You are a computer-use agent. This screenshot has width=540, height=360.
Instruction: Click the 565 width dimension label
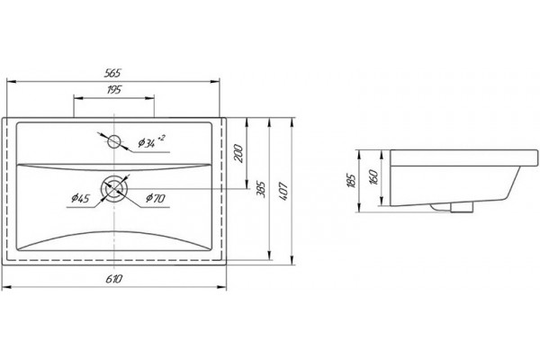click(x=113, y=73)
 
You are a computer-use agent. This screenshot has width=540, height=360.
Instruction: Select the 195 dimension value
click(x=114, y=90)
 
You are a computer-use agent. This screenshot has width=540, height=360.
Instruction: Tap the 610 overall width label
click(x=113, y=279)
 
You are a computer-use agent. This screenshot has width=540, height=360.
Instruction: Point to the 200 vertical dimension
click(x=239, y=154)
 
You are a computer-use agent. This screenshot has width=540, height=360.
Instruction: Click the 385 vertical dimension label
click(x=262, y=189)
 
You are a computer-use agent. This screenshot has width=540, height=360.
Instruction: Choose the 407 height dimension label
click(x=283, y=192)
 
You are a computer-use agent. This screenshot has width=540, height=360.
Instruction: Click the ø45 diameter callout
click(x=80, y=198)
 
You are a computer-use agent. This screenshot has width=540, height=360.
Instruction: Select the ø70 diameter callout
click(x=156, y=198)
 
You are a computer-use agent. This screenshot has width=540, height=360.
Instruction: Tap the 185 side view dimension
click(x=351, y=181)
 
